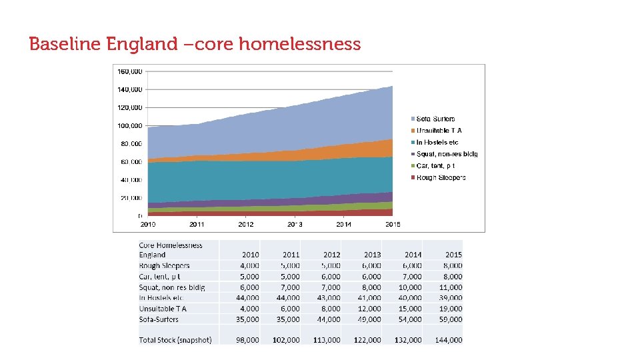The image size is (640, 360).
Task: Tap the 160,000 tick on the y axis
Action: (129, 71)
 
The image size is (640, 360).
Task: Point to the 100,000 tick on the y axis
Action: (129, 125)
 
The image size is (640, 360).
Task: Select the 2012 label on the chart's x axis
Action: (246, 225)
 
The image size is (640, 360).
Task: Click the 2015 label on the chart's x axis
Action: (393, 225)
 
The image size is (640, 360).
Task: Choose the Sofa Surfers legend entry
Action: (435, 119)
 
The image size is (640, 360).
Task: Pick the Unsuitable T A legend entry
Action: (439, 131)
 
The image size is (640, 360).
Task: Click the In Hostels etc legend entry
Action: (437, 143)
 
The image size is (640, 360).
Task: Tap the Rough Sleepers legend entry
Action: (441, 177)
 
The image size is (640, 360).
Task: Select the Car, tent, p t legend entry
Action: (435, 165)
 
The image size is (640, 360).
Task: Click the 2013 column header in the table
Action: (372, 255)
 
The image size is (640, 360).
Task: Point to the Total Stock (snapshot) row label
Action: (175, 340)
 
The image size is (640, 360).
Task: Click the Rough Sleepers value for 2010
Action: (249, 265)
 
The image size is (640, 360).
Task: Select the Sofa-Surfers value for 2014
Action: (409, 319)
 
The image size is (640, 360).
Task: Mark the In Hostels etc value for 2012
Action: (328, 298)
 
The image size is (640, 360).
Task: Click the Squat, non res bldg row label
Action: (171, 287)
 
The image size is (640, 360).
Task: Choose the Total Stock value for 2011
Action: (287, 340)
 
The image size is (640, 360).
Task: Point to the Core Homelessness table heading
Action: (170, 245)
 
